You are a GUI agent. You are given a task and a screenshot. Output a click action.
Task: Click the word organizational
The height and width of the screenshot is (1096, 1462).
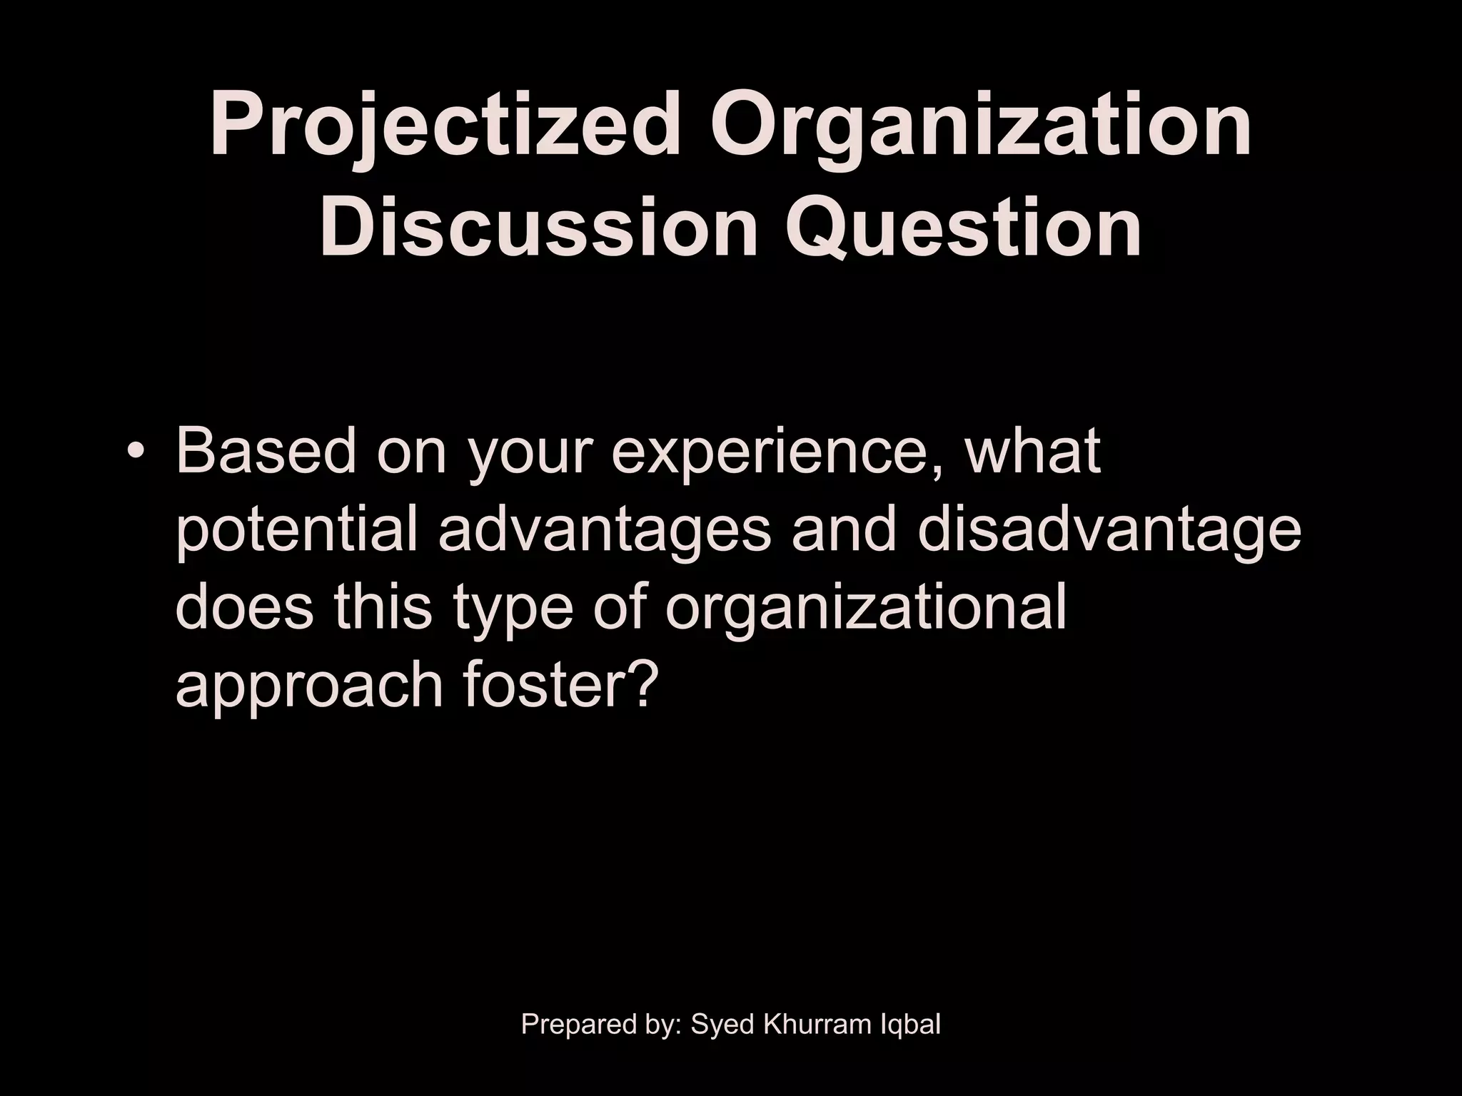click(864, 610)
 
